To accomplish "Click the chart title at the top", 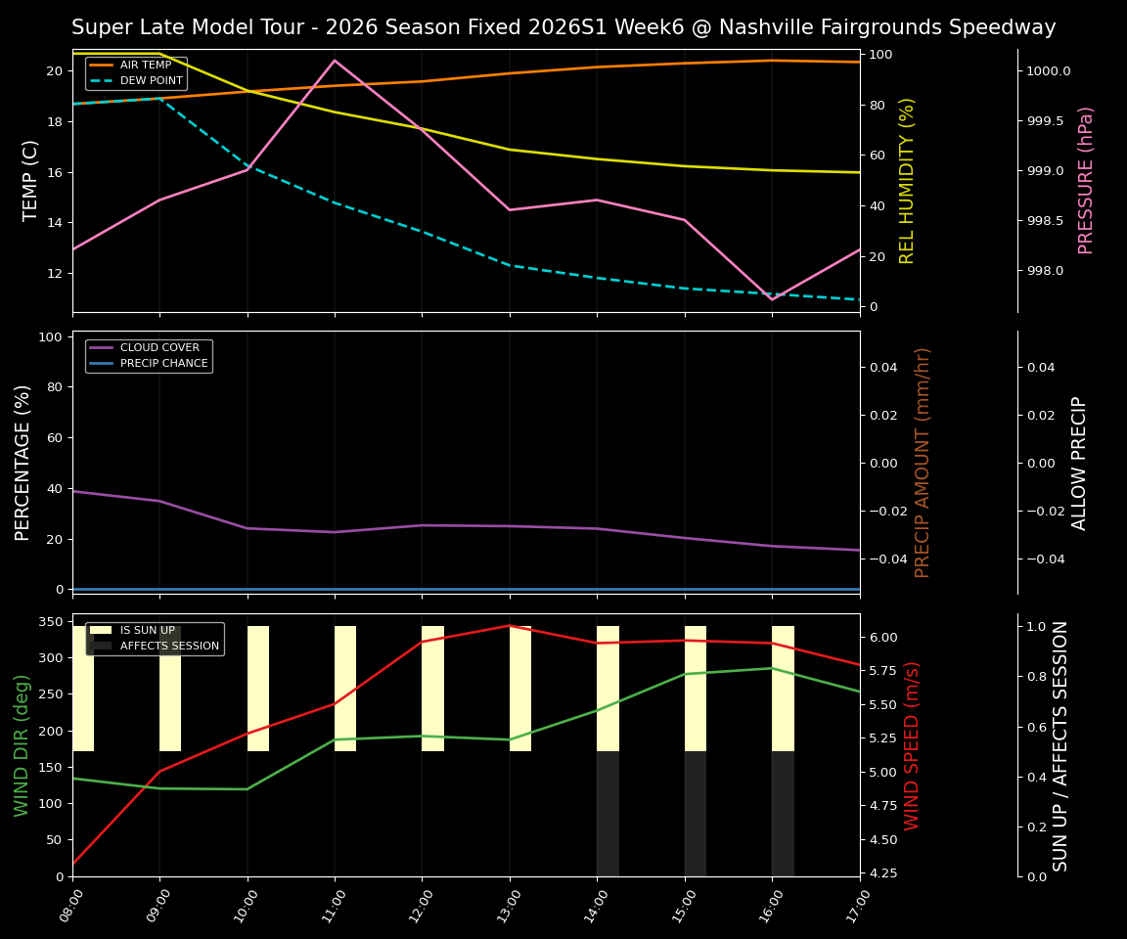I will (563, 27).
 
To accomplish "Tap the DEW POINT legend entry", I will (151, 81).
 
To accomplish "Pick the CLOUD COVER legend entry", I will (159, 348).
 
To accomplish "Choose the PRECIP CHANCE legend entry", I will (163, 364).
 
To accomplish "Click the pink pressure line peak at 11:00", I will (335, 61).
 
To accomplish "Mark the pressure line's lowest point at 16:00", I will (772, 299).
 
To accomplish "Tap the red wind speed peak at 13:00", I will (509, 626).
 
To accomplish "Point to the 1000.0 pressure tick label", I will (1048, 71).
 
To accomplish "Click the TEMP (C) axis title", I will (31, 180).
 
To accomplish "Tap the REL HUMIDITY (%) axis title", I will (907, 180).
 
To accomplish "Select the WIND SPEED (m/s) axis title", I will (912, 745).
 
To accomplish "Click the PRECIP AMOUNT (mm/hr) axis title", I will (923, 462).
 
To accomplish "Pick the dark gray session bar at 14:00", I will (608, 814).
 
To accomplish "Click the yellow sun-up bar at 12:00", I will (432, 689).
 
